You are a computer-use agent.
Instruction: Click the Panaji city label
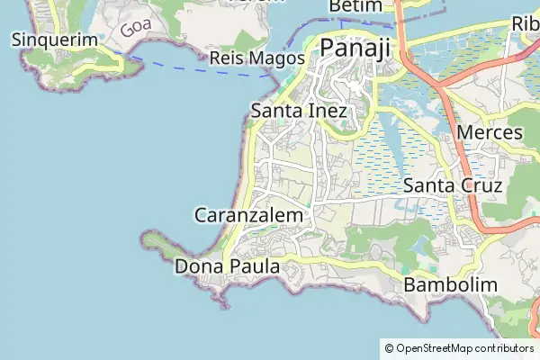click(355, 48)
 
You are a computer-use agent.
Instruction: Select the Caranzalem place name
click(251, 215)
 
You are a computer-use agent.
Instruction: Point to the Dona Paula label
click(228, 266)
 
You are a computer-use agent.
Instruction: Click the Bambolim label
click(451, 284)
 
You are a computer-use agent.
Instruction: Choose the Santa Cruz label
click(452, 185)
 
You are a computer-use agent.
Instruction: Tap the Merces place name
click(490, 132)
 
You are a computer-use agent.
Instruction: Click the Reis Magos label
click(250, 58)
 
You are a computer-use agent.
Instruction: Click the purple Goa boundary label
click(135, 25)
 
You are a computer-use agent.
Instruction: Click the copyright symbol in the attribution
click(389, 347)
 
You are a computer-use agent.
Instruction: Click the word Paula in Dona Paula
click(253, 266)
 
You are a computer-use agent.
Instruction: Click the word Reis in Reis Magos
click(223, 58)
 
